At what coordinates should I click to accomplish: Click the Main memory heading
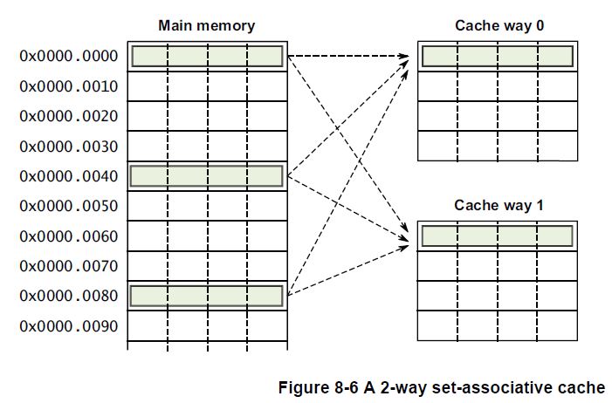[207, 25]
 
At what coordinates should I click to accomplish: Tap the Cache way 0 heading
[499, 25]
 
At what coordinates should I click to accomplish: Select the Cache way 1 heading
[499, 205]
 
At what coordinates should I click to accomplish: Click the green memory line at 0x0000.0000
[207, 57]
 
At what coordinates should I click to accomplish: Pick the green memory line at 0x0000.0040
[207, 176]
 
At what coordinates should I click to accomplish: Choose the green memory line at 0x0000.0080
[207, 296]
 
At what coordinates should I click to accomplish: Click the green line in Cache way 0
[497, 57]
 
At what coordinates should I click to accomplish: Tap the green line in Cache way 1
[497, 236]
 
